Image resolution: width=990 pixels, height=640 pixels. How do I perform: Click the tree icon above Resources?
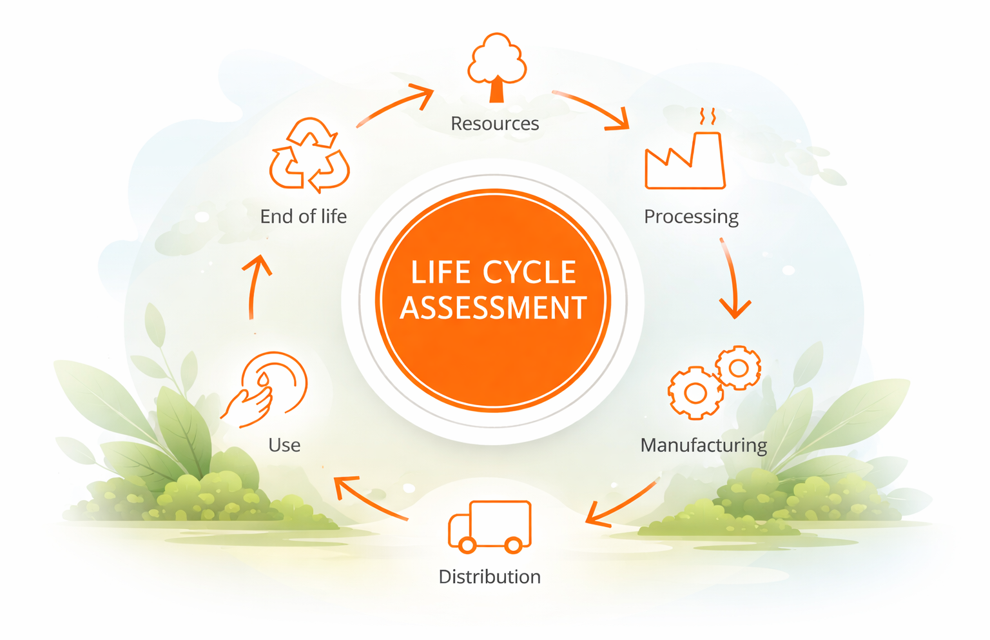pos(496,67)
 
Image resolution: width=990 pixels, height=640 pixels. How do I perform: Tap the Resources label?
pos(494,123)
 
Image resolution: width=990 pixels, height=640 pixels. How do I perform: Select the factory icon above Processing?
pos(685,161)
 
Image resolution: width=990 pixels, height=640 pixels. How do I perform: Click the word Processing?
pos(691,216)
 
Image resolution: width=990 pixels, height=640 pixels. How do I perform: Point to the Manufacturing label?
pos(703,445)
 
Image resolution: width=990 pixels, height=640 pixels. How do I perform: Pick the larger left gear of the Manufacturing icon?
pos(695,392)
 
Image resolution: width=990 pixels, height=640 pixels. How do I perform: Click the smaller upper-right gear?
pos(739,368)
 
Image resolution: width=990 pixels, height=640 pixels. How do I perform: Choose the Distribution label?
pos(489,577)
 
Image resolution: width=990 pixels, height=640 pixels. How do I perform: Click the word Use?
pos(284,445)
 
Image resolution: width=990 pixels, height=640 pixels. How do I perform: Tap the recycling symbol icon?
pos(310,155)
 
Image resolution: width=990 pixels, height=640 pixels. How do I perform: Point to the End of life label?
pos(303,216)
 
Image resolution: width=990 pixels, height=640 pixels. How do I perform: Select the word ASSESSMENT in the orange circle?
pos(493,308)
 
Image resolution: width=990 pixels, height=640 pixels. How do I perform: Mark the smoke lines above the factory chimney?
pos(708,117)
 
